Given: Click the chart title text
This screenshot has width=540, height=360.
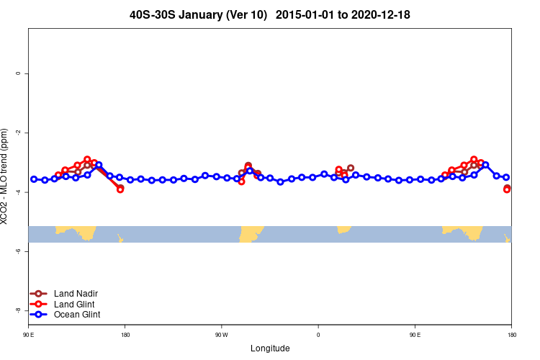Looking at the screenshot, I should (269, 14).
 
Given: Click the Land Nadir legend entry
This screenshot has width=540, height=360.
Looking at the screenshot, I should (76, 294).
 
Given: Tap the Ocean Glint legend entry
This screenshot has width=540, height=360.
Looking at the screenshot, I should (77, 315).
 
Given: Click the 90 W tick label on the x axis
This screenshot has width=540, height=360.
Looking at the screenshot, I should (221, 335).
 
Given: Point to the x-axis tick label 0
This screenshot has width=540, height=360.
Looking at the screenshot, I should (318, 335).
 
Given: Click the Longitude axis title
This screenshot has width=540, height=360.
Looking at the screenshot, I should (270, 348).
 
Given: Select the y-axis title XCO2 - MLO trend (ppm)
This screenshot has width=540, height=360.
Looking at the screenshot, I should (6, 176).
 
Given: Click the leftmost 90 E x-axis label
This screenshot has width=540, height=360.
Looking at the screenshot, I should (28, 335).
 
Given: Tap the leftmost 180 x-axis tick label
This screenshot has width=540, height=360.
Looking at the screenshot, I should (125, 335).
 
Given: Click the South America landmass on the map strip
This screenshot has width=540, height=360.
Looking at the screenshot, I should (250, 233).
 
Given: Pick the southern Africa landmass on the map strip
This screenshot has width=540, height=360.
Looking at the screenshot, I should (343, 229).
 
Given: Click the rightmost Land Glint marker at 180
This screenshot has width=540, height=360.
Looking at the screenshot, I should (507, 189).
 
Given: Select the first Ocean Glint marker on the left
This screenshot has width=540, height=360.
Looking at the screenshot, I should (34, 179).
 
